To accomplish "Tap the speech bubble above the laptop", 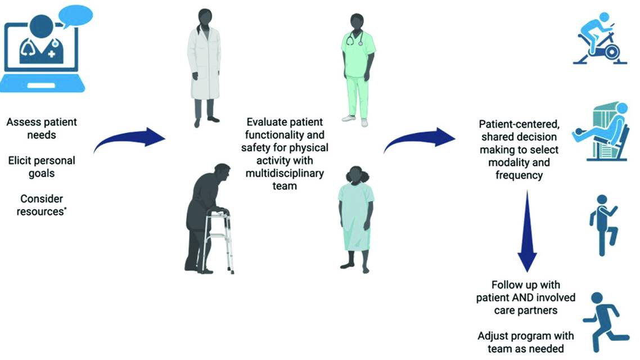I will (x=75, y=15).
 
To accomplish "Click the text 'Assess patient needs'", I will (x=42, y=128).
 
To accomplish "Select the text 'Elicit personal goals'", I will (x=42, y=167).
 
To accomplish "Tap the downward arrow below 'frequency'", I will (x=527, y=231).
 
